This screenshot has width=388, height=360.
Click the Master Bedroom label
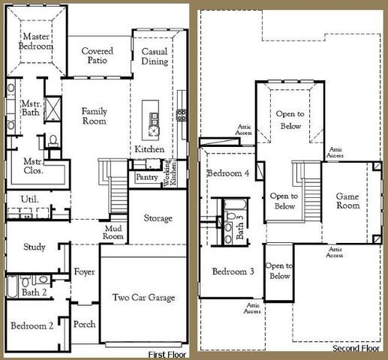[36, 41]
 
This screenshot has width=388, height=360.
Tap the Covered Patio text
[98, 56]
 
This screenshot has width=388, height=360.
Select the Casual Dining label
[155, 56]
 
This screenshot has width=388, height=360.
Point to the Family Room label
[95, 116]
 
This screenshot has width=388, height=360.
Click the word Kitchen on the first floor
[149, 150]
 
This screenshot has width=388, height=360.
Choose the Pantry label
[146, 178]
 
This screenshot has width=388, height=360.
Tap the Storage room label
[158, 217]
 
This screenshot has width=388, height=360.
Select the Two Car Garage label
[143, 298]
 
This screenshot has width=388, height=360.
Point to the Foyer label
[84, 271]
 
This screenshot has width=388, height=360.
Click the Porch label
[84, 325]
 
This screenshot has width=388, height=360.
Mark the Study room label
[35, 247]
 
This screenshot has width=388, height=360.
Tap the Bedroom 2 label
[32, 325]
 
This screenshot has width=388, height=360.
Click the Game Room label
[347, 200]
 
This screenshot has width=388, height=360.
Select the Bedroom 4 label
[228, 173]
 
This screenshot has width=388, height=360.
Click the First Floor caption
[167, 353]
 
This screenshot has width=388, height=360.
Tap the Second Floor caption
[355, 349]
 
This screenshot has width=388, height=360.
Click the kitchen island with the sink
[154, 123]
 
